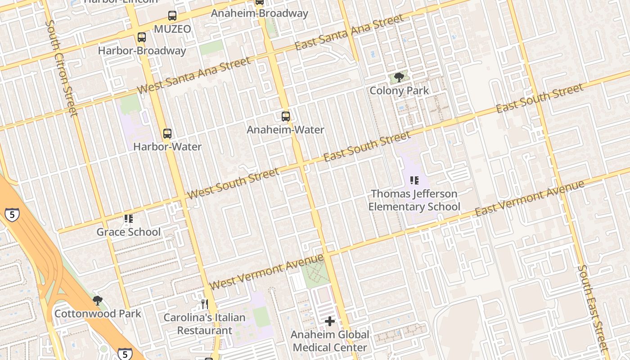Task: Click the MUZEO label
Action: point(172,29)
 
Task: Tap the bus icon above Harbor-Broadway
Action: point(142,37)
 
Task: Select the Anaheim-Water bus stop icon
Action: point(286,117)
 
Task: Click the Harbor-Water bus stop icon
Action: point(167,134)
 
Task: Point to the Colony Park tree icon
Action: point(399,77)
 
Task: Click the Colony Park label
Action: point(399,90)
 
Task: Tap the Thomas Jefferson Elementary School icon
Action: point(414,181)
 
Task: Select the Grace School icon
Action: point(129,219)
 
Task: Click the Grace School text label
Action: point(129,232)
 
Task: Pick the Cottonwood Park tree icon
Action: point(98,301)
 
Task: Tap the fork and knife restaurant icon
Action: point(205,304)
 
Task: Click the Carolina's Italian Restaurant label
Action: point(204,324)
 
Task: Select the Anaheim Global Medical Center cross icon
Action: point(330,321)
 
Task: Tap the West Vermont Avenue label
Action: point(266,272)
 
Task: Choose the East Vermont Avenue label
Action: point(530,198)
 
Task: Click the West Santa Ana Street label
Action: point(193,75)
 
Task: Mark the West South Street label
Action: point(233,183)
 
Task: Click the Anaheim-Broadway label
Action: point(260,13)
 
